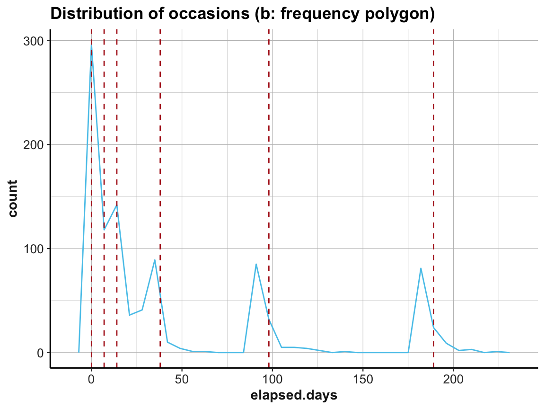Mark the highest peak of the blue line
91,46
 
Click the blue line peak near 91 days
256,264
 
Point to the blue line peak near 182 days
421,268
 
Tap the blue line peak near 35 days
155,260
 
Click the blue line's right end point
509,353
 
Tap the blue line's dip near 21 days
129,315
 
